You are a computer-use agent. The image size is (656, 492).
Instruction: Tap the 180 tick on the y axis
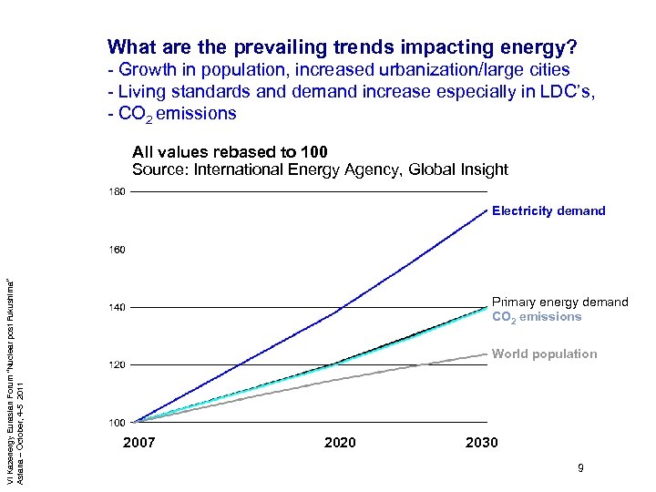tap(118, 191)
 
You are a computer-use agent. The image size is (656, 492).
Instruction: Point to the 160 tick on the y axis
tap(118, 249)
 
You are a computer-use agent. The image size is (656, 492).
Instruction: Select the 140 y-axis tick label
tap(118, 307)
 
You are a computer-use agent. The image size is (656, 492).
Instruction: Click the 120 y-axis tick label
tap(118, 364)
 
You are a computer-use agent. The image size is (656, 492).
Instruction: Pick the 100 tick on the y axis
tap(118, 423)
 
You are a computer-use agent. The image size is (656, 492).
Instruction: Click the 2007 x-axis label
tap(138, 443)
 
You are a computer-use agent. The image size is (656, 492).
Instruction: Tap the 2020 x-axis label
tap(340, 443)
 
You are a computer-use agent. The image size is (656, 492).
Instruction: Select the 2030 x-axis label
tap(481, 443)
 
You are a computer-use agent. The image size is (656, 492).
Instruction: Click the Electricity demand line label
tap(548, 210)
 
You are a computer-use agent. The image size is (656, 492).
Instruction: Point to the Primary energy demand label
tap(559, 302)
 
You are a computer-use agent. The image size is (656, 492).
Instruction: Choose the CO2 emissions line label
tap(537, 317)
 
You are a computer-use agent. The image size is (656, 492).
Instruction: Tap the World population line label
tap(545, 354)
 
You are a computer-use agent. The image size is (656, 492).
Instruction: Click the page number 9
tap(580, 469)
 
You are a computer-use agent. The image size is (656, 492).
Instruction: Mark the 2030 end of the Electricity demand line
tap(487, 210)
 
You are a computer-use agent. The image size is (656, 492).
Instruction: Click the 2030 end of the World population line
tap(487, 354)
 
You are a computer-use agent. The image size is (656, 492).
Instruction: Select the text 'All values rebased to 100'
tap(230, 151)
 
